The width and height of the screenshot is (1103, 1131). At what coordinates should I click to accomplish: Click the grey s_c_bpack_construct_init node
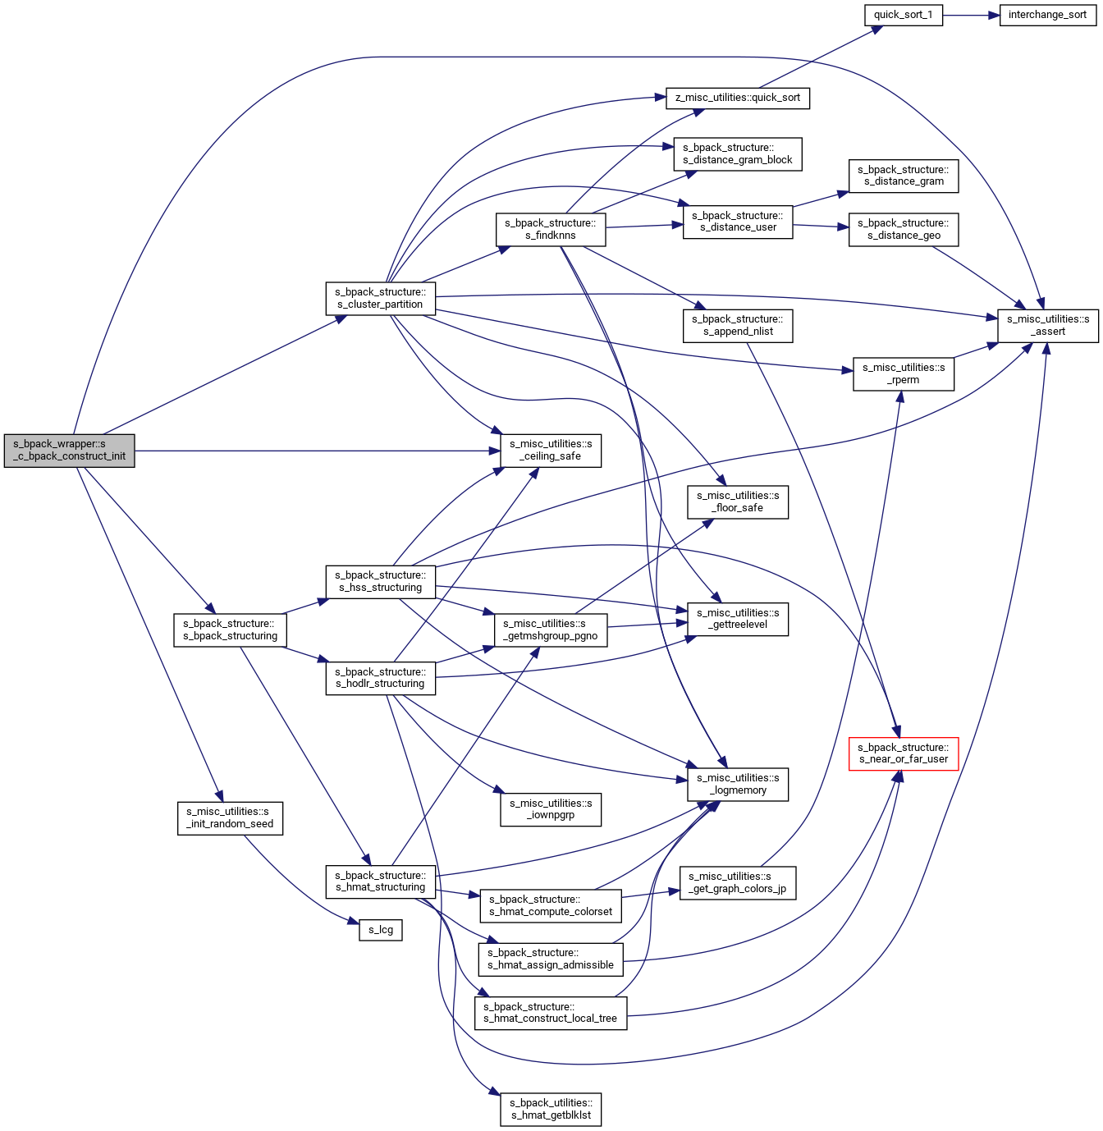point(69,451)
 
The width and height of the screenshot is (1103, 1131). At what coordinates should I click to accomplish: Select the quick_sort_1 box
point(903,15)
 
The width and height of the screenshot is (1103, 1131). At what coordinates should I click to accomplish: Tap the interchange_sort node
point(1047,15)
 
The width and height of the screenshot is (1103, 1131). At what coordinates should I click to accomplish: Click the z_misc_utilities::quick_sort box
point(738,98)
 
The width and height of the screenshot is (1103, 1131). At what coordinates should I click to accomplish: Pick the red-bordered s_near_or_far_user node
point(903,753)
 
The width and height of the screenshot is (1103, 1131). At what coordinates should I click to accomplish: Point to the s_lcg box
point(381,930)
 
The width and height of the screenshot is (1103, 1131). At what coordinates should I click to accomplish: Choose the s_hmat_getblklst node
point(551,1109)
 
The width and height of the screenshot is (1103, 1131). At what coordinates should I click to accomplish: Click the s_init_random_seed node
point(230,818)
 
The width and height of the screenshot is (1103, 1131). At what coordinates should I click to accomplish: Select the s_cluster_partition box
point(380,299)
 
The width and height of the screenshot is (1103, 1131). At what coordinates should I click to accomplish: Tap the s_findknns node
point(551,230)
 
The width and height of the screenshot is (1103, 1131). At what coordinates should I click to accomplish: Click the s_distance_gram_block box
point(738,154)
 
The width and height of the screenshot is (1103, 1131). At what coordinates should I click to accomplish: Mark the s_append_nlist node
point(738,326)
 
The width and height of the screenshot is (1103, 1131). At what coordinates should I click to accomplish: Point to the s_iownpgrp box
point(551,809)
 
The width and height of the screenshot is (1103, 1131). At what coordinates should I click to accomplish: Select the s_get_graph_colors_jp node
point(738,883)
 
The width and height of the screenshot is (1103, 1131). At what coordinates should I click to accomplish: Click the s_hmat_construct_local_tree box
point(551,1013)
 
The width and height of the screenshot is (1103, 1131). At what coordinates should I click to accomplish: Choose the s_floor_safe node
point(738,502)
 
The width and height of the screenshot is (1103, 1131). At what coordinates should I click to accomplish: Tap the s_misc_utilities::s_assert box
point(1048,326)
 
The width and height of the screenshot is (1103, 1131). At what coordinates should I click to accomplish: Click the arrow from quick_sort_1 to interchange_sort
point(971,15)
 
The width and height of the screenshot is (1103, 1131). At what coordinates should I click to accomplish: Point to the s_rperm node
point(903,374)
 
